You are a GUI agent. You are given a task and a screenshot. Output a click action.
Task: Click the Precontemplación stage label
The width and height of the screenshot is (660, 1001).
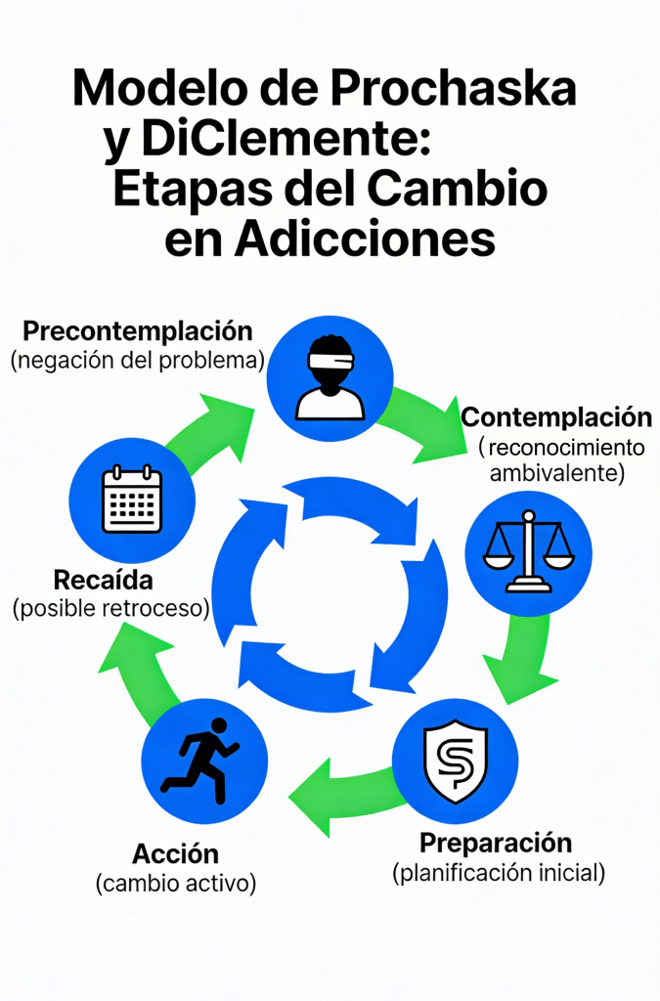[138, 330]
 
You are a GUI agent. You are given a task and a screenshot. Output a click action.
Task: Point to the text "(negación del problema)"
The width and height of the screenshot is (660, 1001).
[138, 360]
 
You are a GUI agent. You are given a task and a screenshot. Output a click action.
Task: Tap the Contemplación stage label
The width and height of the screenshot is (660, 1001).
[556, 417]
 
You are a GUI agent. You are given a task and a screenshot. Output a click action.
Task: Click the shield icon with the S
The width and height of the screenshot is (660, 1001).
[453, 763]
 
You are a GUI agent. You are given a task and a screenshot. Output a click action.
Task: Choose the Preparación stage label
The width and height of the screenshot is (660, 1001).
[496, 843]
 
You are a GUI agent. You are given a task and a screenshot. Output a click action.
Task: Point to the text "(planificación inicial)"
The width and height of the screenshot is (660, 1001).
[499, 872]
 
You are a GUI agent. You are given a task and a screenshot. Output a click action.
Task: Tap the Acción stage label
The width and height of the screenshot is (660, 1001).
[176, 854]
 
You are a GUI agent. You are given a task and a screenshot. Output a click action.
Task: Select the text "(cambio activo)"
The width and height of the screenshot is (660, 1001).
[176, 885]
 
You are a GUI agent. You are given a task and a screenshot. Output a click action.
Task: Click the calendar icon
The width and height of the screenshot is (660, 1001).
[132, 500]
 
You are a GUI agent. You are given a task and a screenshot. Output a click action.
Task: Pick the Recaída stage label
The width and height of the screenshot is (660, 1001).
[104, 580]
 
